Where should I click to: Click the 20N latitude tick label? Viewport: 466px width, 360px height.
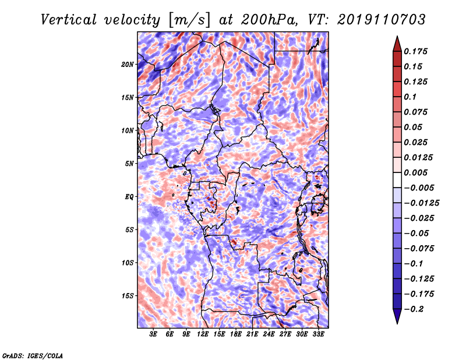point(128,65)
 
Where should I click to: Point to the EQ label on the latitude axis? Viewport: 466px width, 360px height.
point(129,197)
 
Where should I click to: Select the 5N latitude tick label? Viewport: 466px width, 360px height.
point(129,164)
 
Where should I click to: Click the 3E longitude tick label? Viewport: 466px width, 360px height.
point(153,334)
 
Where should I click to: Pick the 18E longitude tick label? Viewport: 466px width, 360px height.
point(236,334)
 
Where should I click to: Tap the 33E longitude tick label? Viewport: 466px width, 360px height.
point(318,334)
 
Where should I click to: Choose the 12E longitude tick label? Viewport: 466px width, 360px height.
point(203,334)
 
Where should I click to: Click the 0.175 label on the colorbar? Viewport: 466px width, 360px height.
point(415,51)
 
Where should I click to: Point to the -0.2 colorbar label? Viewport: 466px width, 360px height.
point(414,309)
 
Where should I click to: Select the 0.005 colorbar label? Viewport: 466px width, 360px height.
point(415,172)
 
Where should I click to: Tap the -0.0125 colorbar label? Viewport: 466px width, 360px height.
point(421,203)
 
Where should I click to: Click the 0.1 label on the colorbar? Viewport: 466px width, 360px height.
point(410,97)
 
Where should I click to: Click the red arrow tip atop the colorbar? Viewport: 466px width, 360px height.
point(397,37)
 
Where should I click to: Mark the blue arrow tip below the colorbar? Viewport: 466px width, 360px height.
point(397,323)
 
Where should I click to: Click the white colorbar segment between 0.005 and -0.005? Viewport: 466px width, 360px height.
point(397,180)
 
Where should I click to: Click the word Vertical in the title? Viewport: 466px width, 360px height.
point(69,20)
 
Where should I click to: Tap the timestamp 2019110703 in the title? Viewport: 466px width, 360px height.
point(382,20)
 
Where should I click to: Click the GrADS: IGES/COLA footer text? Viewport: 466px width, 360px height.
point(33,355)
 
